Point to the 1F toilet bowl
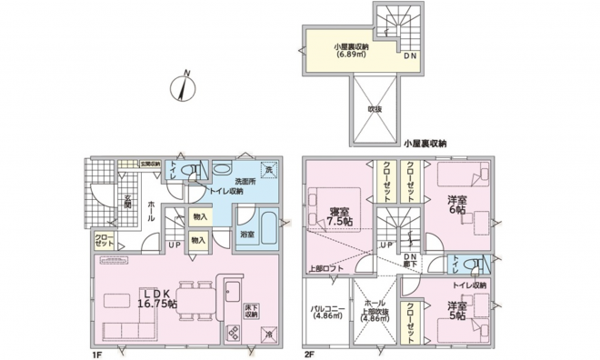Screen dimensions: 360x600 click(x=193, y=170)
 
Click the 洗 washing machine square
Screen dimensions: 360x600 click(x=268, y=169)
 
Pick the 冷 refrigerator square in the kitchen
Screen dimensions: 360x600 click(x=269, y=333)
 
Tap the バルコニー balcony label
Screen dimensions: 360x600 click(x=325, y=313)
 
